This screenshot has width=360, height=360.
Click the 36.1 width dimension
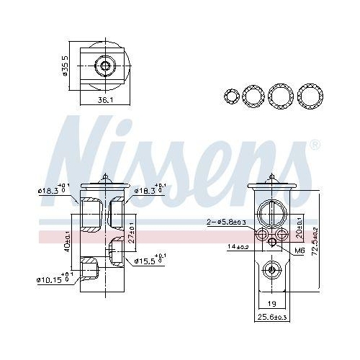tap(105, 100)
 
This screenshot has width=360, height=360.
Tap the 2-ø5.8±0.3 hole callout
tap(226, 222)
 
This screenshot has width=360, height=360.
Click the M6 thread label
tap(300, 251)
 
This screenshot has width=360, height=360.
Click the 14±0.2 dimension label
tap(238, 247)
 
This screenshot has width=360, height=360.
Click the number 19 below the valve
tap(272, 305)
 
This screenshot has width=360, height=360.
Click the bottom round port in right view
tap(271, 270)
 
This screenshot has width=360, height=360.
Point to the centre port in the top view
tap(106, 66)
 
